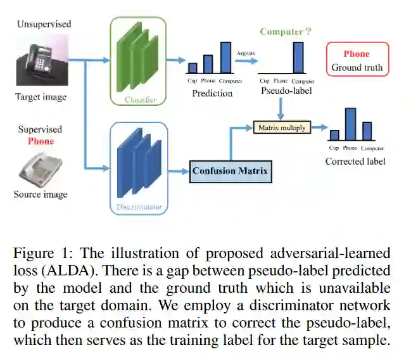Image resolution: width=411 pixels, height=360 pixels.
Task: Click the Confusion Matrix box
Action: [231, 171]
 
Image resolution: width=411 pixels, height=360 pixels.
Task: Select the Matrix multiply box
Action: [282, 127]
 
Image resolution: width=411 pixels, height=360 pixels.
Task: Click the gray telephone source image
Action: [41, 168]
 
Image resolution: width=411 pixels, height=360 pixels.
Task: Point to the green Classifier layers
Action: [137, 57]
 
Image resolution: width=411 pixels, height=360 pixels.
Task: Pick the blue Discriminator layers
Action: [139, 163]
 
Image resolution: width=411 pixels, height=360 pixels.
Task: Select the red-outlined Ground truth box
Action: [357, 60]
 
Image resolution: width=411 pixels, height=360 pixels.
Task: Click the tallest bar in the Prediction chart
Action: [225, 58]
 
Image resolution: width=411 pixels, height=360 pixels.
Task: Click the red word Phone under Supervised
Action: [41, 141]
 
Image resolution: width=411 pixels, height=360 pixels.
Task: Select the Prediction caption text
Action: [212, 93]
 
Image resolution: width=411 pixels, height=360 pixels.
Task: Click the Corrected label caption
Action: [355, 161]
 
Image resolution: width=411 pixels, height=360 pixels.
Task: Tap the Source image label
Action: [41, 194]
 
